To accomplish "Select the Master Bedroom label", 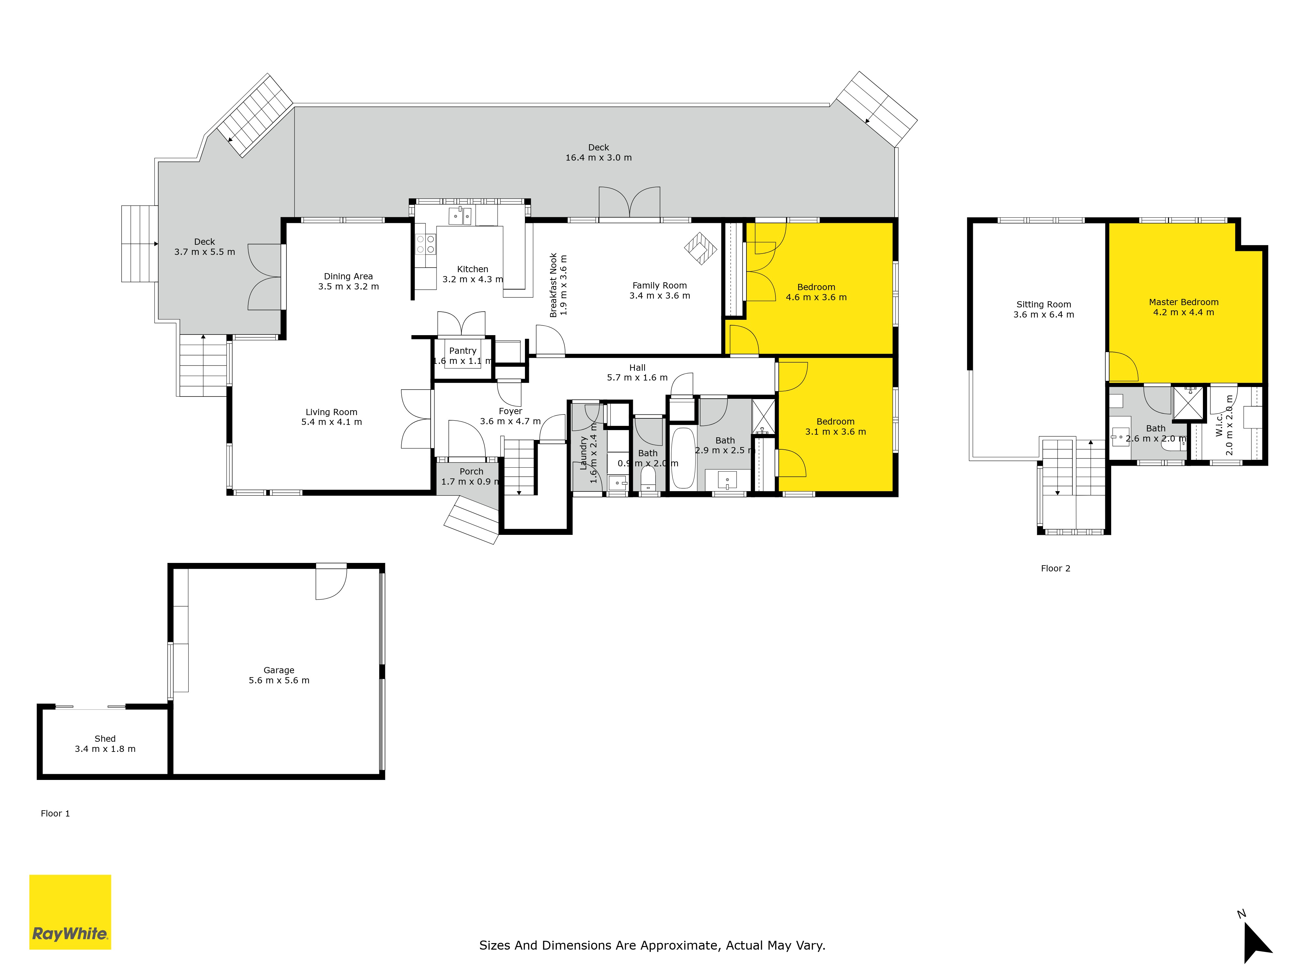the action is (1183, 302).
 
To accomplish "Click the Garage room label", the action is (279, 670).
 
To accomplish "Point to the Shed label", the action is (105, 739).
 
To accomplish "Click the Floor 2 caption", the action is (1055, 568).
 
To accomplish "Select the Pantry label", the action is (463, 350).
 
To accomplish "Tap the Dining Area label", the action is (348, 276).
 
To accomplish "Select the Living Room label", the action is (331, 412).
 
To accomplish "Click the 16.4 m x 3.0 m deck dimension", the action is (598, 158).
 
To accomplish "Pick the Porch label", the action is (471, 472).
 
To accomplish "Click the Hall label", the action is (637, 368).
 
